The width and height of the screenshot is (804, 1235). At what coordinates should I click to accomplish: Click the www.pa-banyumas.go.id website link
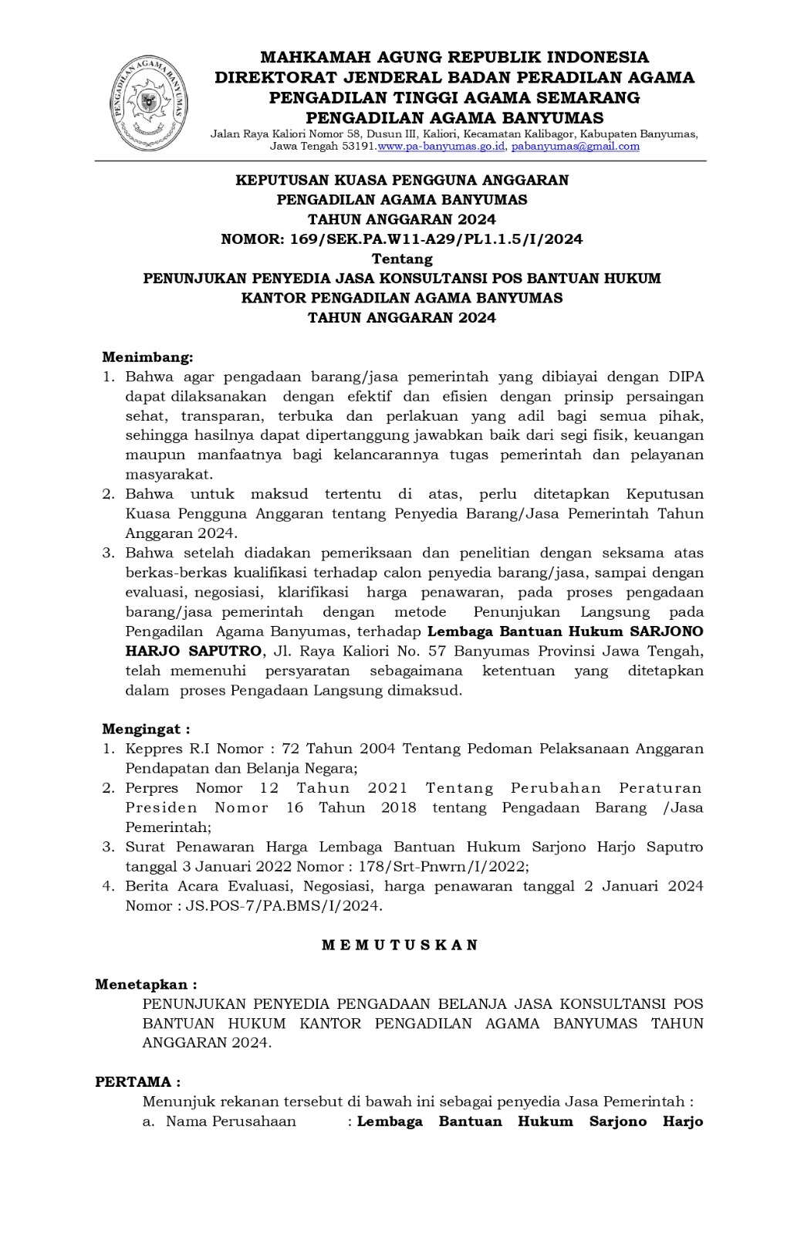point(441,146)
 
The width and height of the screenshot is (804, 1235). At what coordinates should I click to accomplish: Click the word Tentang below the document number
point(402,259)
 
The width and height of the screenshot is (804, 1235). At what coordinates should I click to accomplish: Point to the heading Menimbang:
point(147,357)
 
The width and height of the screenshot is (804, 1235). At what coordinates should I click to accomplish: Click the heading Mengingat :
point(146,729)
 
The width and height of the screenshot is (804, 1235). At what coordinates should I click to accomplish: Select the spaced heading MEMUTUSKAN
point(400,945)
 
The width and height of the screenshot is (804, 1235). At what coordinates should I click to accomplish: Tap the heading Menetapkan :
point(146,984)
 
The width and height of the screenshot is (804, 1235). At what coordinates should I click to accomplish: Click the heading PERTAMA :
point(138,1082)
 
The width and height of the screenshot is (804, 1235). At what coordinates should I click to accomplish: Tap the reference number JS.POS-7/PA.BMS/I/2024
point(283,905)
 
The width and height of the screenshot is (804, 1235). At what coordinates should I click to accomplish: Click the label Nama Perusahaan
point(231,1122)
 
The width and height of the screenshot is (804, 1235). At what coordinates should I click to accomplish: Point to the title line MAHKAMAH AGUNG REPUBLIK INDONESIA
point(454,57)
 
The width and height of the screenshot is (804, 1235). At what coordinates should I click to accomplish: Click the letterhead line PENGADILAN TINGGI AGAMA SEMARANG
point(454,97)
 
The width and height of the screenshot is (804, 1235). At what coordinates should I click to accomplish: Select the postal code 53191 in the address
point(362,146)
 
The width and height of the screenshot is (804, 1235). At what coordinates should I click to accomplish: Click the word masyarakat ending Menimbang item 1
point(169,474)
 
